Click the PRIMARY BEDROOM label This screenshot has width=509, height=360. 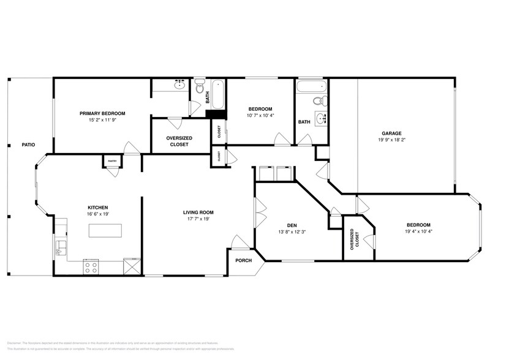coord(102,113)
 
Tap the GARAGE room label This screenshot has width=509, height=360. coord(392,133)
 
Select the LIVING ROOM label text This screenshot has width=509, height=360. coord(198,212)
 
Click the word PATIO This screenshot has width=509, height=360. coord(28,144)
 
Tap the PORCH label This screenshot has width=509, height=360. coord(243,260)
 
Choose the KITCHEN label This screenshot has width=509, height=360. coord(98,208)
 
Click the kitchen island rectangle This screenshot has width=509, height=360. coord(105,230)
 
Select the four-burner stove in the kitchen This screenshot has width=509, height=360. coord(91,266)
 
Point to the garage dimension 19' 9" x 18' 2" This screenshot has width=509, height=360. coord(392,140)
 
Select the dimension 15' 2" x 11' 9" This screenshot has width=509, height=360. coord(102,120)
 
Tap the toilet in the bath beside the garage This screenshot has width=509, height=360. coord(317,100)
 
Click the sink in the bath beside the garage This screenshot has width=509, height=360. coord(321,118)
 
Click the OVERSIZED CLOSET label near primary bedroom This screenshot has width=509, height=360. coord(179,141)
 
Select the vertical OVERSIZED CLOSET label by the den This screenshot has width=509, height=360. coord(353,239)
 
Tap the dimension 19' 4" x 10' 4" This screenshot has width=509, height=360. coord(418,231)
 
